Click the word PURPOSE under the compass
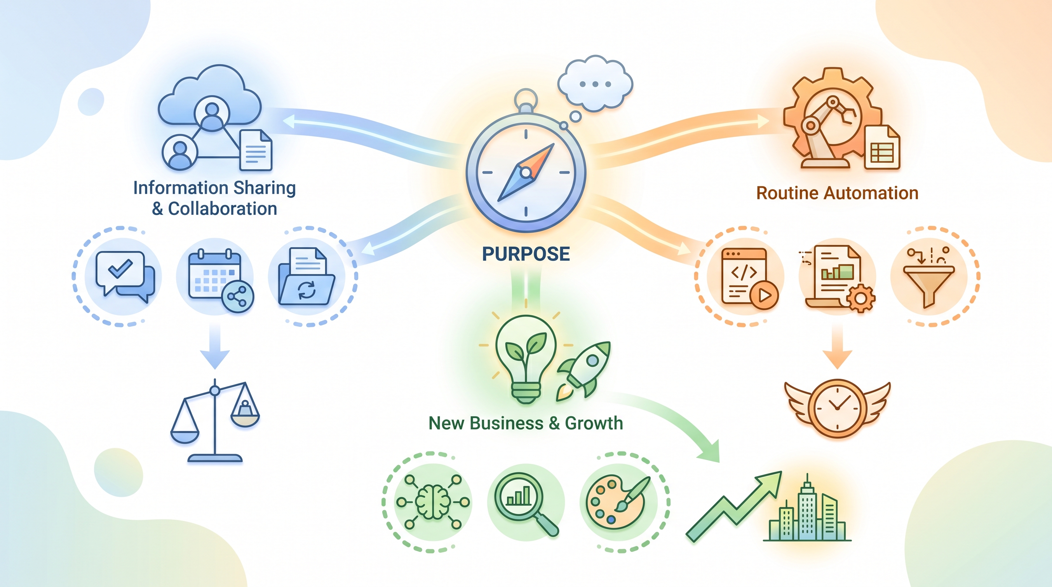[526, 254]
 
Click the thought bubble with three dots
[596, 84]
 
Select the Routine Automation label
[837, 193]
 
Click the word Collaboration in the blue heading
[222, 209]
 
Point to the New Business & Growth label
[526, 423]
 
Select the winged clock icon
[837, 408]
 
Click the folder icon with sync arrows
[306, 276]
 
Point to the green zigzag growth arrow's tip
[781, 472]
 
